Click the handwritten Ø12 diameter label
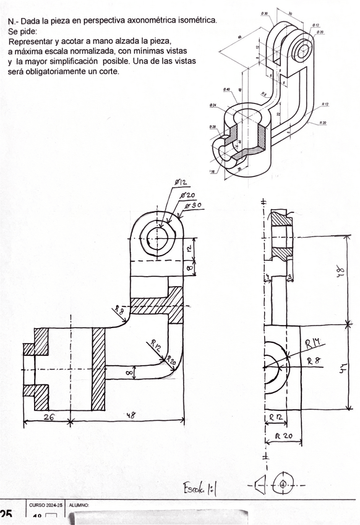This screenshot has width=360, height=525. (181, 183)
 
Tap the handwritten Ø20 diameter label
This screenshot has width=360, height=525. (187, 194)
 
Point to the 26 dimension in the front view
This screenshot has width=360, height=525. (47, 417)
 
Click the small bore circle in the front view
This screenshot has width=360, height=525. (158, 238)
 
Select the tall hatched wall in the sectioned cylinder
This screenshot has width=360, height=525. (98, 368)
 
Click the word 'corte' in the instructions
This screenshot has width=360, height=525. (108, 71)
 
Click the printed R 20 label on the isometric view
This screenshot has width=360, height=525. (323, 123)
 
